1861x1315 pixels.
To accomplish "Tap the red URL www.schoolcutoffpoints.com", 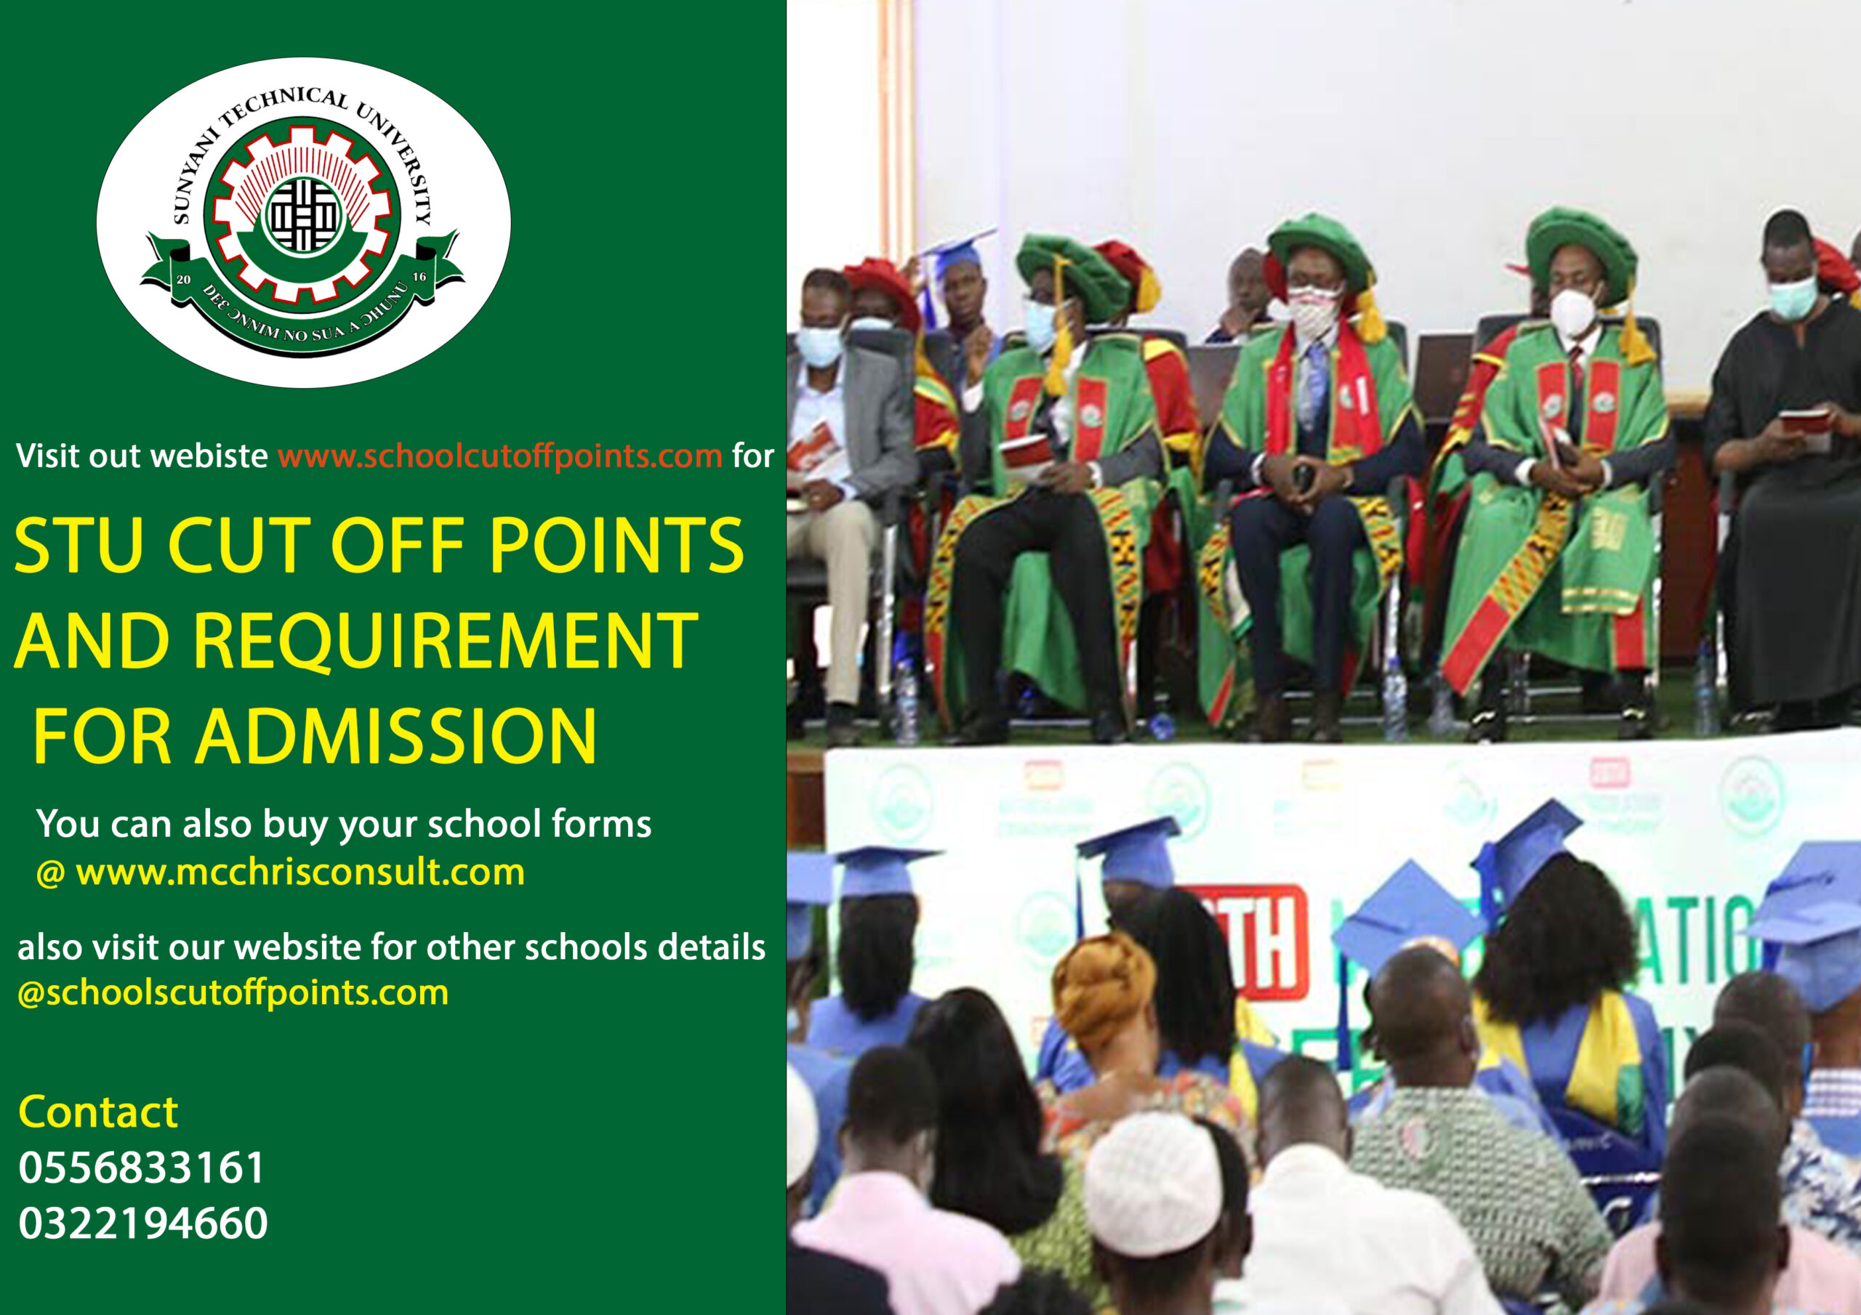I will (x=499, y=456).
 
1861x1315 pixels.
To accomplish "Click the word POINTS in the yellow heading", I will (x=616, y=546).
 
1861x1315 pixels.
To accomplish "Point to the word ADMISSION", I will (x=395, y=737).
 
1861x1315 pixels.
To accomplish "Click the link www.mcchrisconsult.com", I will (x=300, y=873).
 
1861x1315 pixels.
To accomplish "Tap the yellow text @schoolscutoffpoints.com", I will (x=233, y=992).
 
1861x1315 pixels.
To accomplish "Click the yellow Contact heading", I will (x=98, y=1112).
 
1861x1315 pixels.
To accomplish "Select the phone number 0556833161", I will (x=142, y=1168).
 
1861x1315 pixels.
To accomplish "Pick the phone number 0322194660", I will (x=142, y=1223).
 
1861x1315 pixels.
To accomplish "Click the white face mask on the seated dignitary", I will (x=1573, y=312).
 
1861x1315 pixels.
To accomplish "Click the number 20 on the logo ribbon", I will (x=183, y=280).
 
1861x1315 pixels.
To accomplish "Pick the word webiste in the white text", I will (x=210, y=456).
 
